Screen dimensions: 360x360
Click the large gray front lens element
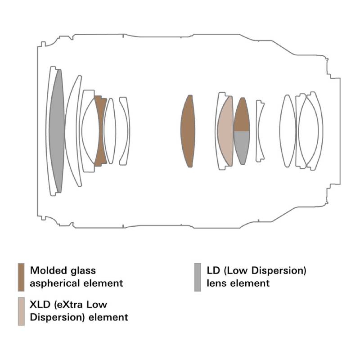[x=56, y=130]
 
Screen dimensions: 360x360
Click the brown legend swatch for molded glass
[x=21, y=277]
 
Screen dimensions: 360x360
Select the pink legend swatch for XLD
[x=21, y=311]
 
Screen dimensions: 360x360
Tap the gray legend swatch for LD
[x=198, y=277]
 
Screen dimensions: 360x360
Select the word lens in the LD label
[x=216, y=283]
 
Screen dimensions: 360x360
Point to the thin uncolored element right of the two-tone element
[x=259, y=130]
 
